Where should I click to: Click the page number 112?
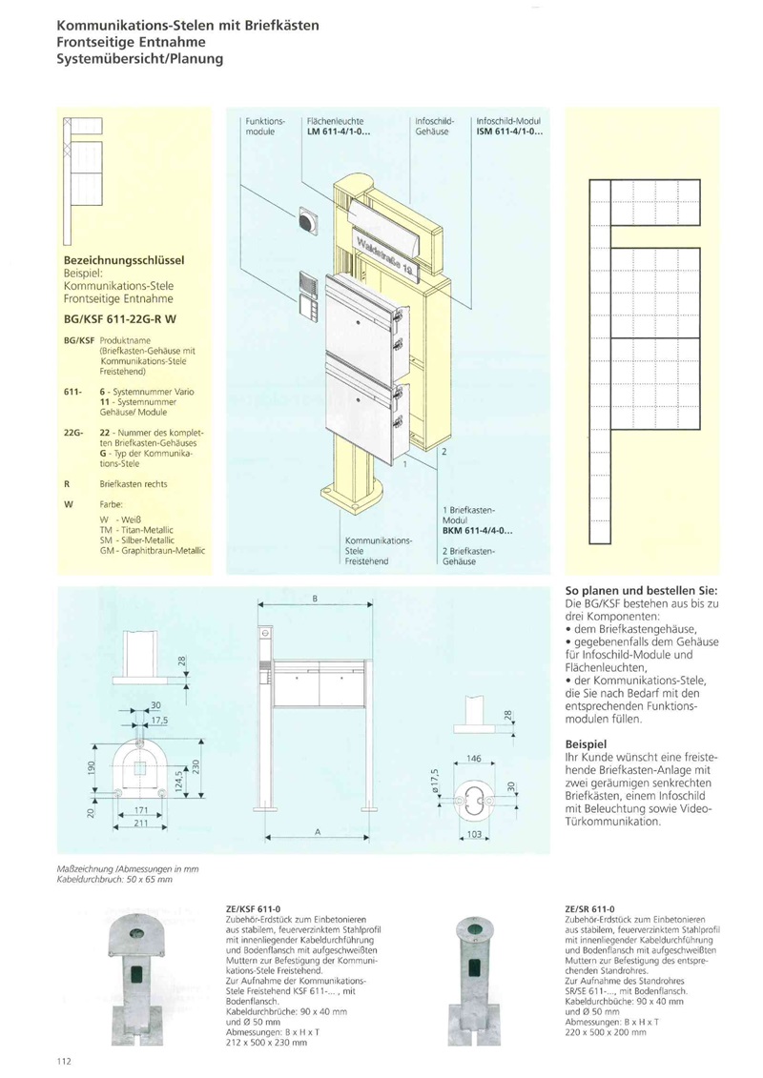65,1061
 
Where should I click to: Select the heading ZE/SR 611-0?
589,910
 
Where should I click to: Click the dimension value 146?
474,759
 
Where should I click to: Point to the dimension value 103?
474,834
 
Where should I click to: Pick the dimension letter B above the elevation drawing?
315,598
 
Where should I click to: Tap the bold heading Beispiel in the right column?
588,742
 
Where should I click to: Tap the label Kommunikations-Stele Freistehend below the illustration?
377,551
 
